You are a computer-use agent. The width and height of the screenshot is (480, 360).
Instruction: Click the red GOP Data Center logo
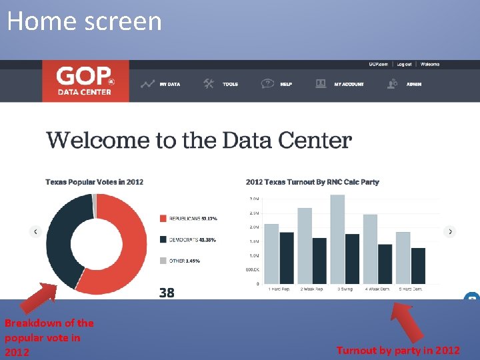[x=85, y=81]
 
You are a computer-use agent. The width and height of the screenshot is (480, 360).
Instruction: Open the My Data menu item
[x=161, y=84]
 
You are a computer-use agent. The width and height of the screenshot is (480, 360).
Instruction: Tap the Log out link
[x=404, y=65]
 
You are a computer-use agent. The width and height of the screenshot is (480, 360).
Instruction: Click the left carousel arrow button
[x=35, y=232]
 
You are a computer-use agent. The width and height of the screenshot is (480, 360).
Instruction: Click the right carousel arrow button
[x=450, y=232]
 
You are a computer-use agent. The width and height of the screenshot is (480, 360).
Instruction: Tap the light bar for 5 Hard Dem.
[x=403, y=257]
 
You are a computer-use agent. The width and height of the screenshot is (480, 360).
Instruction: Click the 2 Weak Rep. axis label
[x=311, y=289]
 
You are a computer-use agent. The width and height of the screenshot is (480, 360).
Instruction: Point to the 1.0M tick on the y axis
[x=254, y=256]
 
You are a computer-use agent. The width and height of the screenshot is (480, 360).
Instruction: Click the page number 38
[x=167, y=293]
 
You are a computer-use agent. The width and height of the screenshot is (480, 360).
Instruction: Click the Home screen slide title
[x=85, y=21]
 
